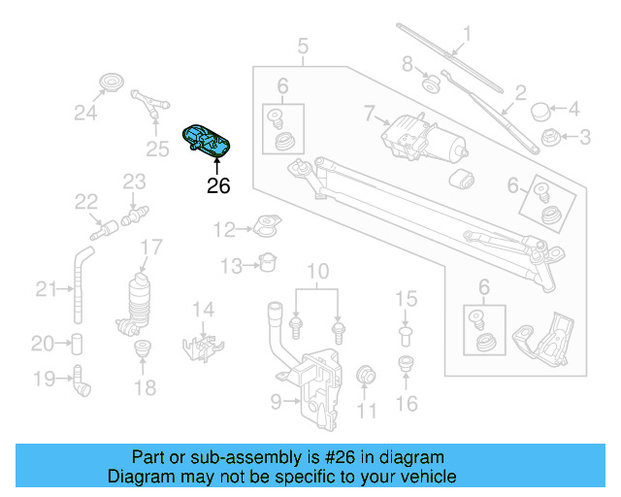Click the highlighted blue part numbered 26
tap(209, 142)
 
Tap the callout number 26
tap(218, 185)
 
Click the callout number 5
tap(303, 45)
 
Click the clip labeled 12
tap(264, 229)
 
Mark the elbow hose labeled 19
tap(82, 381)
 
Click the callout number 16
tap(408, 404)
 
